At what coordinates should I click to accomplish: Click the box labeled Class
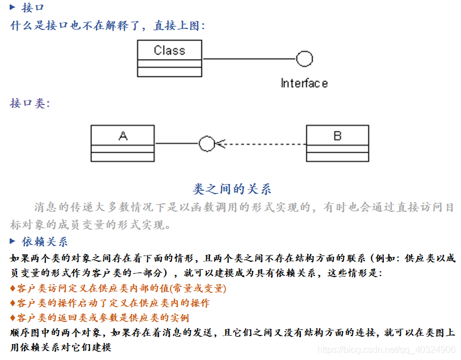point(169,58)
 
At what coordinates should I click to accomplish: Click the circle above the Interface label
point(304,58)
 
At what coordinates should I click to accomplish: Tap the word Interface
point(304,83)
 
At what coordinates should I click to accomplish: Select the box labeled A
point(122,143)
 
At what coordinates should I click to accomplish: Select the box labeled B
point(337,143)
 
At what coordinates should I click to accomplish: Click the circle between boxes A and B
point(207,144)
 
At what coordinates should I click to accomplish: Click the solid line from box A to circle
point(176,144)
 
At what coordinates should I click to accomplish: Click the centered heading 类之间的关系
point(232,189)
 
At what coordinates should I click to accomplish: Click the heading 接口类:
point(30,103)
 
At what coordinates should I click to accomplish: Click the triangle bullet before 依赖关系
point(13,241)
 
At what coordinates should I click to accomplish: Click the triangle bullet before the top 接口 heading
point(13,7)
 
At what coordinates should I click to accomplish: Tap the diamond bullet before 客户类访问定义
point(14,288)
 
